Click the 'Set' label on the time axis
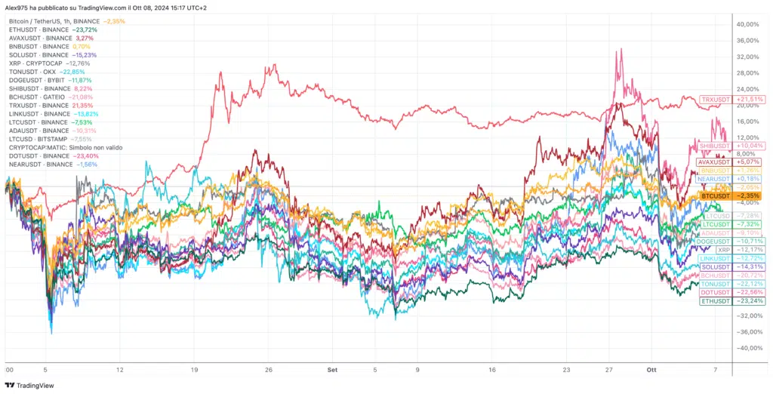coord(332,371)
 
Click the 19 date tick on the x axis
coord(194,371)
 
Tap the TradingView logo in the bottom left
coord(32,385)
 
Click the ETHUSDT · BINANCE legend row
coord(39,29)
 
